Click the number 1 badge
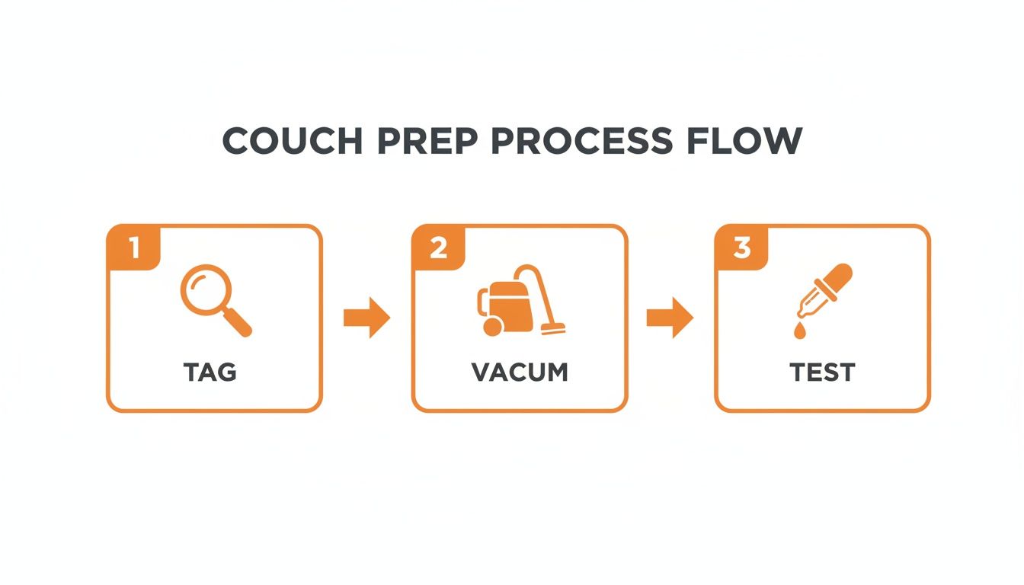(x=134, y=248)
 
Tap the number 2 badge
(x=438, y=248)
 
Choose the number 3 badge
(x=741, y=248)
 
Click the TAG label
(x=210, y=372)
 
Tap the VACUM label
(x=520, y=372)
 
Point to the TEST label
(x=822, y=372)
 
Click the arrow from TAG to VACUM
(x=366, y=318)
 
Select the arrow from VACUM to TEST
(x=670, y=318)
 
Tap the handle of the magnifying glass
(x=238, y=324)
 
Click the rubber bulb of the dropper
(x=839, y=277)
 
